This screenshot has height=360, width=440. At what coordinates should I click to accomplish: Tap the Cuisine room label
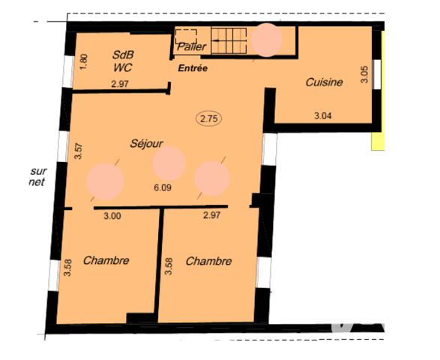coord(325,82)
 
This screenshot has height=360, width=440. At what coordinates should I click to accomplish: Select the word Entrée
coord(192,68)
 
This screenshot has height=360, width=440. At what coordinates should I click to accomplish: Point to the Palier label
coord(191,46)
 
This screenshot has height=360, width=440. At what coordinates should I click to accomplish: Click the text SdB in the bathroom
coord(124,55)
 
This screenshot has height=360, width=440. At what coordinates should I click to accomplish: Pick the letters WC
coord(123,67)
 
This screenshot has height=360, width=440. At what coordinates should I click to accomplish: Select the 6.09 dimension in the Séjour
coord(162,187)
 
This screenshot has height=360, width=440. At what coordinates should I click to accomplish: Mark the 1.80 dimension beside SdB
coord(84,60)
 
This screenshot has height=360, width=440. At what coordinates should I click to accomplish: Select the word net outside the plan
coord(35,182)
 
